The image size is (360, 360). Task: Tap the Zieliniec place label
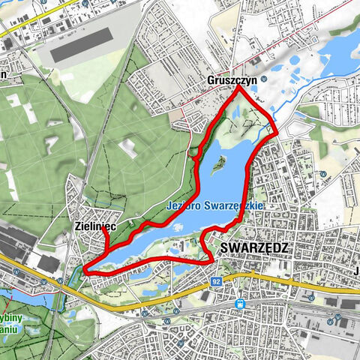tap(95, 224)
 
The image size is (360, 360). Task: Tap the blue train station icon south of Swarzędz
tap(240, 304)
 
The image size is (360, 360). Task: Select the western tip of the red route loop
tap(84, 271)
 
